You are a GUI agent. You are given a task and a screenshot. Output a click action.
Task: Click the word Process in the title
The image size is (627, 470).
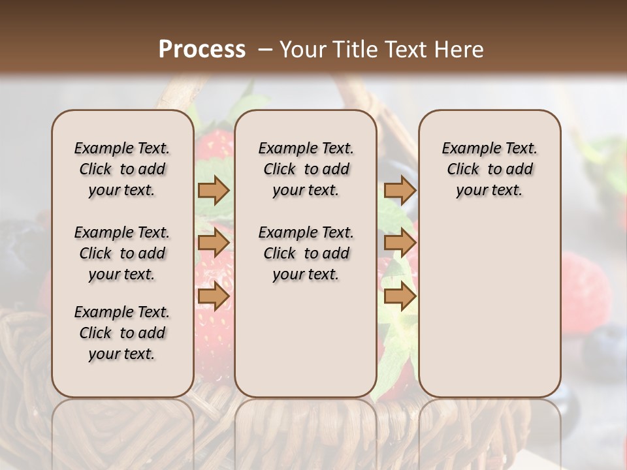pos(202,50)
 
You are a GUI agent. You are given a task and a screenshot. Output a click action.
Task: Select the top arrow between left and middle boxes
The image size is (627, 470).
pos(214,190)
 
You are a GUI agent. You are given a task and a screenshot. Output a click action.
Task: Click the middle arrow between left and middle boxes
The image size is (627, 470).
pos(214,243)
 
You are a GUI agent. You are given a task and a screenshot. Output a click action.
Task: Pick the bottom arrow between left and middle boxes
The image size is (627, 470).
pos(214,296)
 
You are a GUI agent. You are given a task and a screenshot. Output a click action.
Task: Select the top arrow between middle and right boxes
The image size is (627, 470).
pos(400,190)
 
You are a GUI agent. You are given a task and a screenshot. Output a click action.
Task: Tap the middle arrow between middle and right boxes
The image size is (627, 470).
pos(400,243)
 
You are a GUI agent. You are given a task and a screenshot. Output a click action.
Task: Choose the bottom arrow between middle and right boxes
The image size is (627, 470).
pos(400,296)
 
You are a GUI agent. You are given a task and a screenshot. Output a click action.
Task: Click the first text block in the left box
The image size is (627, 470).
pos(122,169)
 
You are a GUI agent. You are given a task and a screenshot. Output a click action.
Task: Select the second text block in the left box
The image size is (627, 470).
pos(122,253)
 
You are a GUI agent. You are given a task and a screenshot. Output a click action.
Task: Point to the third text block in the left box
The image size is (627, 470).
pos(122,333)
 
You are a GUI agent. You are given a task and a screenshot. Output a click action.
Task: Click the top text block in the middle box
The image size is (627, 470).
pos(306,169)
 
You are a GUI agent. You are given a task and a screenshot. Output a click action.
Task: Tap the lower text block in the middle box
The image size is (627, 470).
pos(306,253)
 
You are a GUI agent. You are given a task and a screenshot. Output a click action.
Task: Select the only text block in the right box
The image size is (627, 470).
pos(489,169)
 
